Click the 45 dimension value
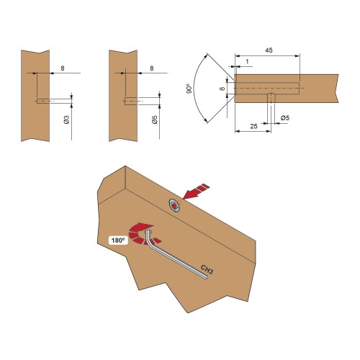[269, 50]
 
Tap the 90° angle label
[189, 89]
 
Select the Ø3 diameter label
[67, 120]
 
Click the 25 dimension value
[253, 126]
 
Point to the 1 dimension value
[247, 62]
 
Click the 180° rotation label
[118, 240]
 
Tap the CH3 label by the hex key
[207, 269]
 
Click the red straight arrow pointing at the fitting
[196, 192]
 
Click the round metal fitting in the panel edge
[175, 205]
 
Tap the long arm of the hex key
[179, 261]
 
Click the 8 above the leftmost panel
[63, 68]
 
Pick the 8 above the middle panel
[151, 68]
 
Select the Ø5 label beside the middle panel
[155, 120]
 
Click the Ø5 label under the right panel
[285, 118]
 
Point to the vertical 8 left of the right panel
[222, 89]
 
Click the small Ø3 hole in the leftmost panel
[43, 102]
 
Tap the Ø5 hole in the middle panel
[131, 102]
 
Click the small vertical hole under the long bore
[271, 98]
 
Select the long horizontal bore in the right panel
[267, 89]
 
